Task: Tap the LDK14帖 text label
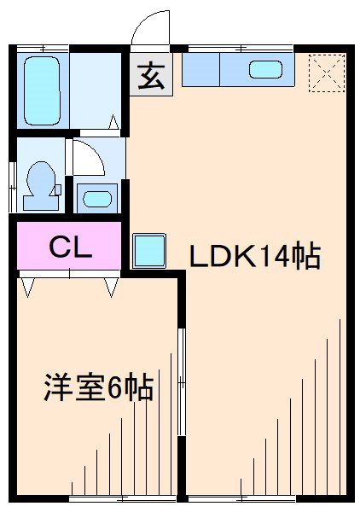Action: (254, 255)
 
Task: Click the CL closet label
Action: (70, 247)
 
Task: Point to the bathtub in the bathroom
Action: (42, 90)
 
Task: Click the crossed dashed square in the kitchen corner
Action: (327, 71)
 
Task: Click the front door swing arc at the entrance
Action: (152, 27)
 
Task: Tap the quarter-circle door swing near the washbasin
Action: (87, 158)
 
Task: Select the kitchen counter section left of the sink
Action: (201, 70)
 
